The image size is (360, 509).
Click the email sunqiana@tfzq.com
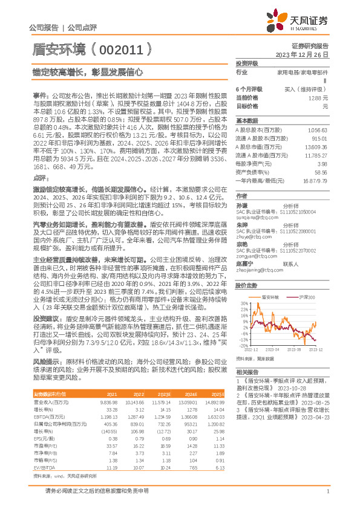coord(253,217)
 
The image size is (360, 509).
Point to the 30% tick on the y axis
coord(242,304)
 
